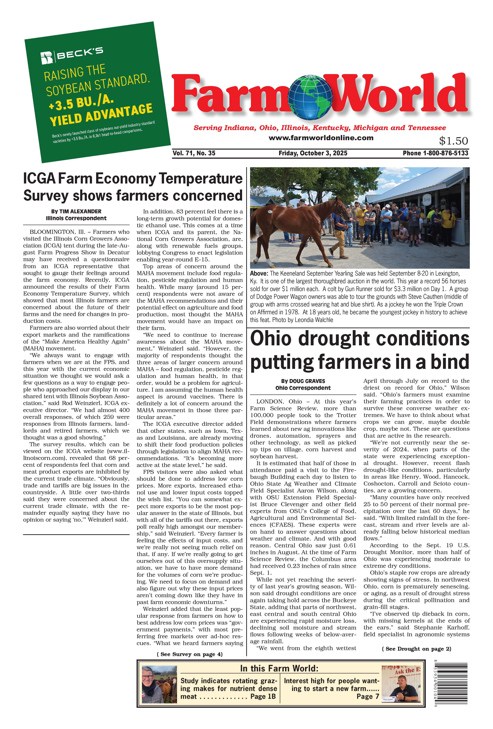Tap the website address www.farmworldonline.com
point(321,138)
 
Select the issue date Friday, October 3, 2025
point(313,153)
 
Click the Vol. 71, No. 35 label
point(194,153)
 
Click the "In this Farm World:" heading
point(279,668)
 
